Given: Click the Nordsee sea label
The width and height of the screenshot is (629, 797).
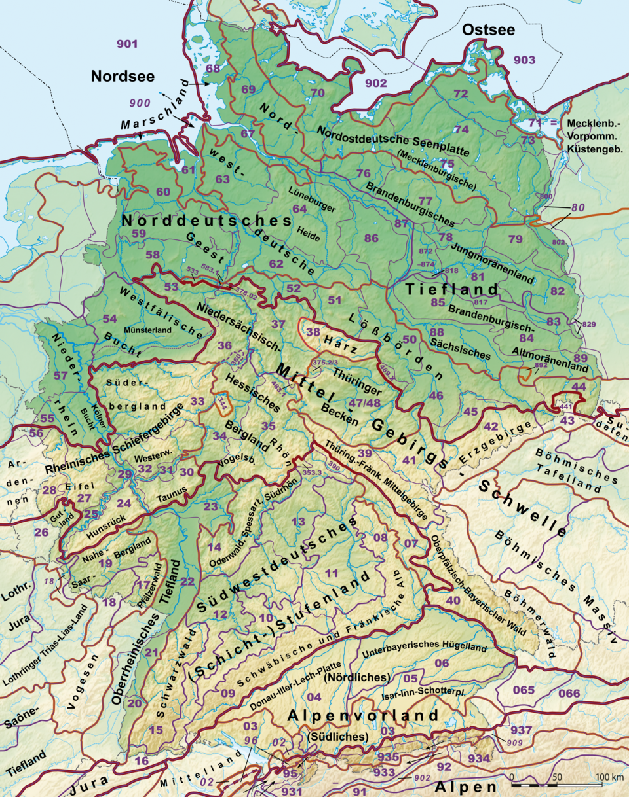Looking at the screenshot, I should click(x=123, y=76).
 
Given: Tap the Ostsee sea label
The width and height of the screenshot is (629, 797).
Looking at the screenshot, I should click(x=488, y=29).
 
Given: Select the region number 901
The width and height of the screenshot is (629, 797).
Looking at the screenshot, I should click(x=127, y=44).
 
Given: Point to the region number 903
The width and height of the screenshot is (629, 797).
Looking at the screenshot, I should click(x=524, y=60).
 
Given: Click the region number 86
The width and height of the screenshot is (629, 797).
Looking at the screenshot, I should click(x=372, y=238).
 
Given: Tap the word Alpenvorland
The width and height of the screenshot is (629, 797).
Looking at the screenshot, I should click(x=362, y=716).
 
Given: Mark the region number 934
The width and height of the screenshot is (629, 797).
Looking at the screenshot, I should click(x=479, y=758).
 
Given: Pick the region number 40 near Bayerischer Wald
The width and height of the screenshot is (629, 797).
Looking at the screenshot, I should click(x=453, y=600).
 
